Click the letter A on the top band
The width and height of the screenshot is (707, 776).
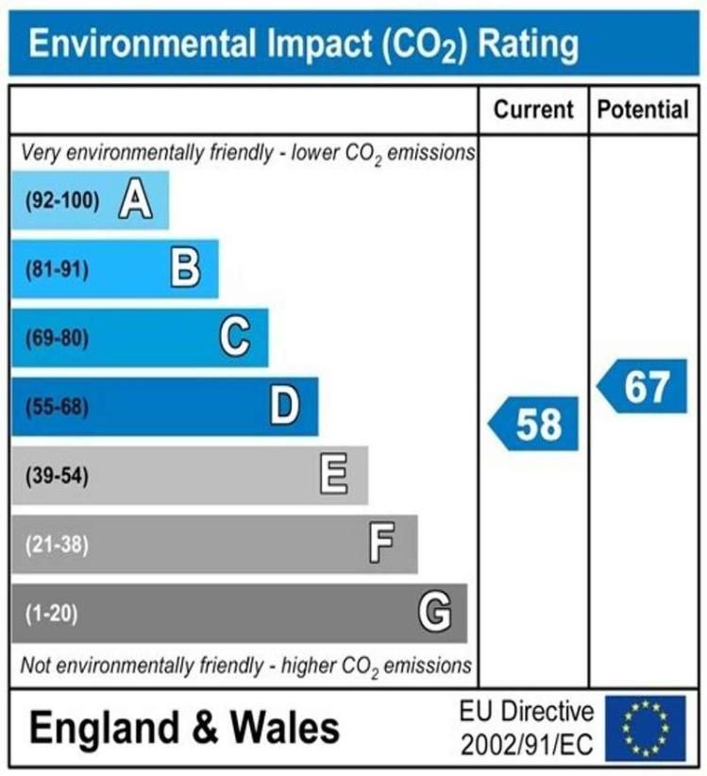(x=136, y=200)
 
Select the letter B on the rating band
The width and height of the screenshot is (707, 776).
(x=185, y=269)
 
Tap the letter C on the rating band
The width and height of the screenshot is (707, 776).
(x=234, y=337)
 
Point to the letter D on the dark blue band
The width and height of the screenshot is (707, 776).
(x=284, y=407)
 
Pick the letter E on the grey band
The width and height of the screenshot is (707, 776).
(x=333, y=475)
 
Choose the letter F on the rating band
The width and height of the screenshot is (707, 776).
(x=381, y=544)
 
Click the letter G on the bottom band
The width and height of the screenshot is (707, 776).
(x=434, y=614)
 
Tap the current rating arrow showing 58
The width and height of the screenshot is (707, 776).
(x=533, y=424)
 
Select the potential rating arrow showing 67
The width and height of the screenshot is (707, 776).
(x=644, y=386)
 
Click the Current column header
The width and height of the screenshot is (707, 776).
(x=533, y=110)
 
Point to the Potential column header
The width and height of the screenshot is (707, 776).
(x=643, y=110)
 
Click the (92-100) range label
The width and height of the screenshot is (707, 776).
(x=61, y=200)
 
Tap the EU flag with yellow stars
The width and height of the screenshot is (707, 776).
(x=645, y=727)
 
